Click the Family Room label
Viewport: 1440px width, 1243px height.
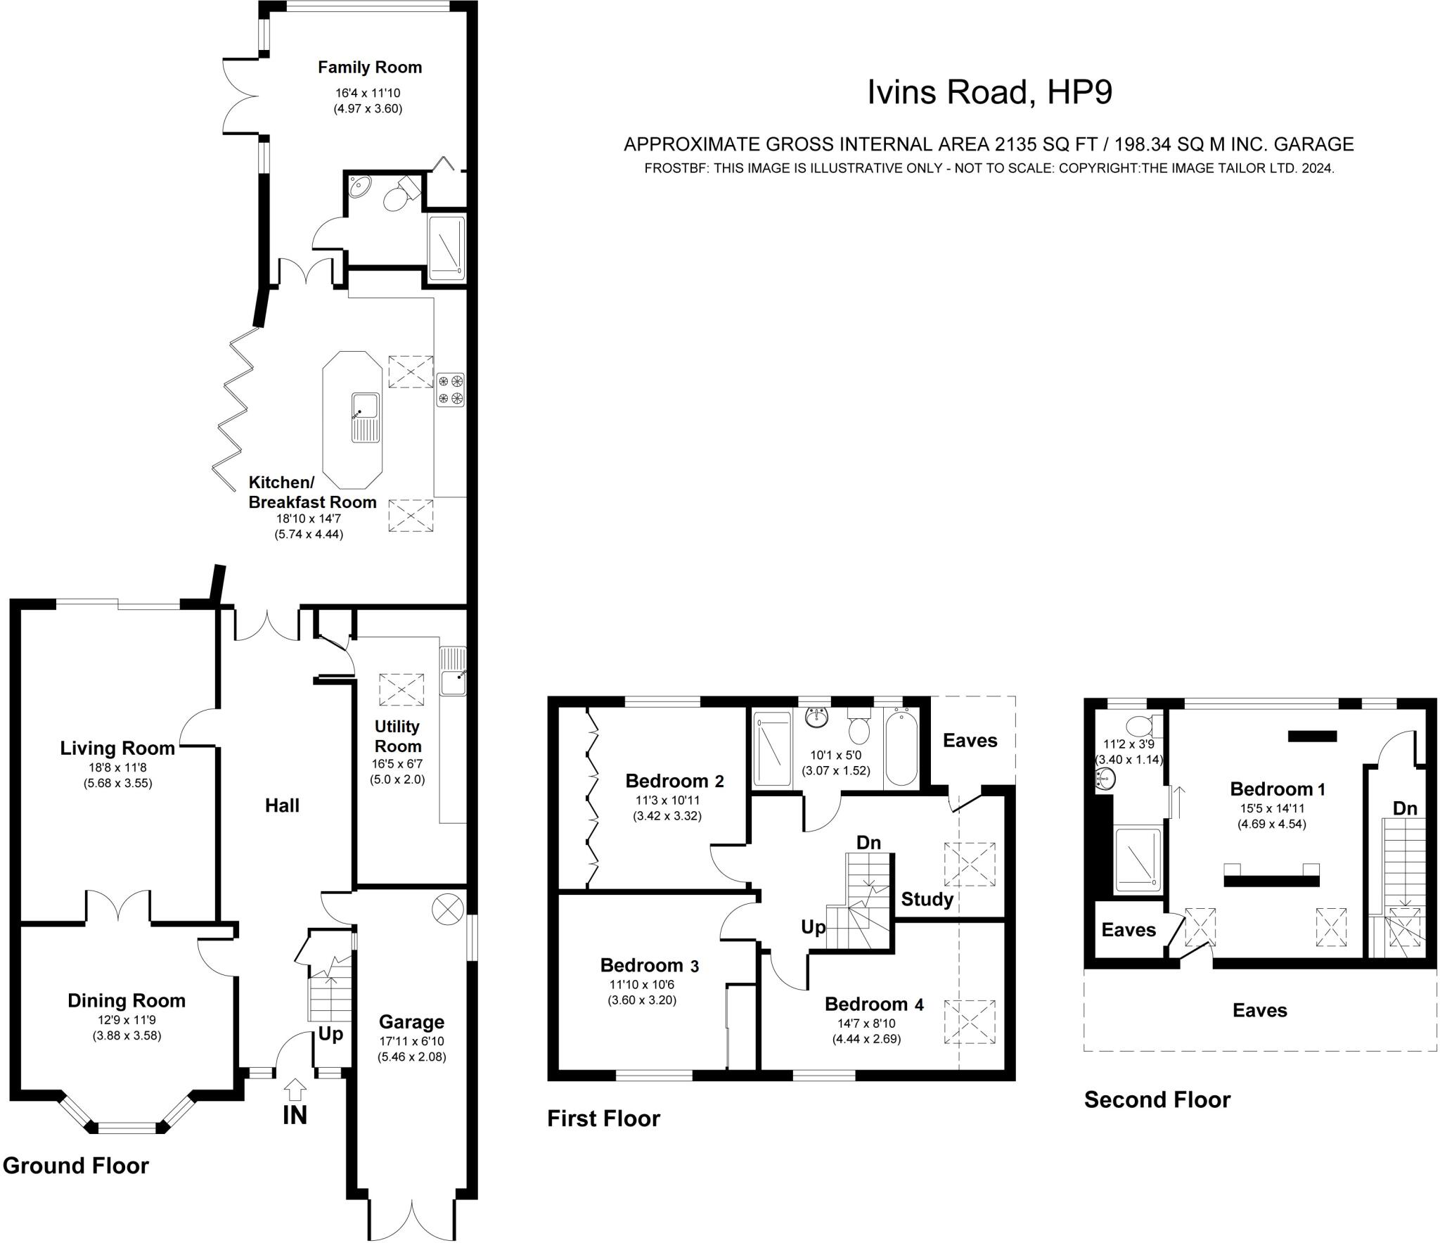click(x=370, y=68)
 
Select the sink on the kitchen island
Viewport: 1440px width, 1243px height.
click(x=365, y=417)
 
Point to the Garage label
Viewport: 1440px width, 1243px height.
click(x=411, y=1021)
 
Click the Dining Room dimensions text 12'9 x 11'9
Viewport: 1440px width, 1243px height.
click(x=127, y=1020)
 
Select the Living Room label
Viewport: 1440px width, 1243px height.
click(x=117, y=748)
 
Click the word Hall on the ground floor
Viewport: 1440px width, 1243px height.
click(x=282, y=805)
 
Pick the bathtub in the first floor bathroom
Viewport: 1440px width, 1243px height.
click(x=901, y=748)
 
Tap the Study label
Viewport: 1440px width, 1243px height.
click(x=927, y=899)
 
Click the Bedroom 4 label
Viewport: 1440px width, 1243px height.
click(x=874, y=1004)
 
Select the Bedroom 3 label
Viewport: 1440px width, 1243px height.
click(x=649, y=965)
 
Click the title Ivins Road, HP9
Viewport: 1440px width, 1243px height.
click(x=989, y=92)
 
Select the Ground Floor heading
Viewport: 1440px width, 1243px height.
click(x=76, y=1166)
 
